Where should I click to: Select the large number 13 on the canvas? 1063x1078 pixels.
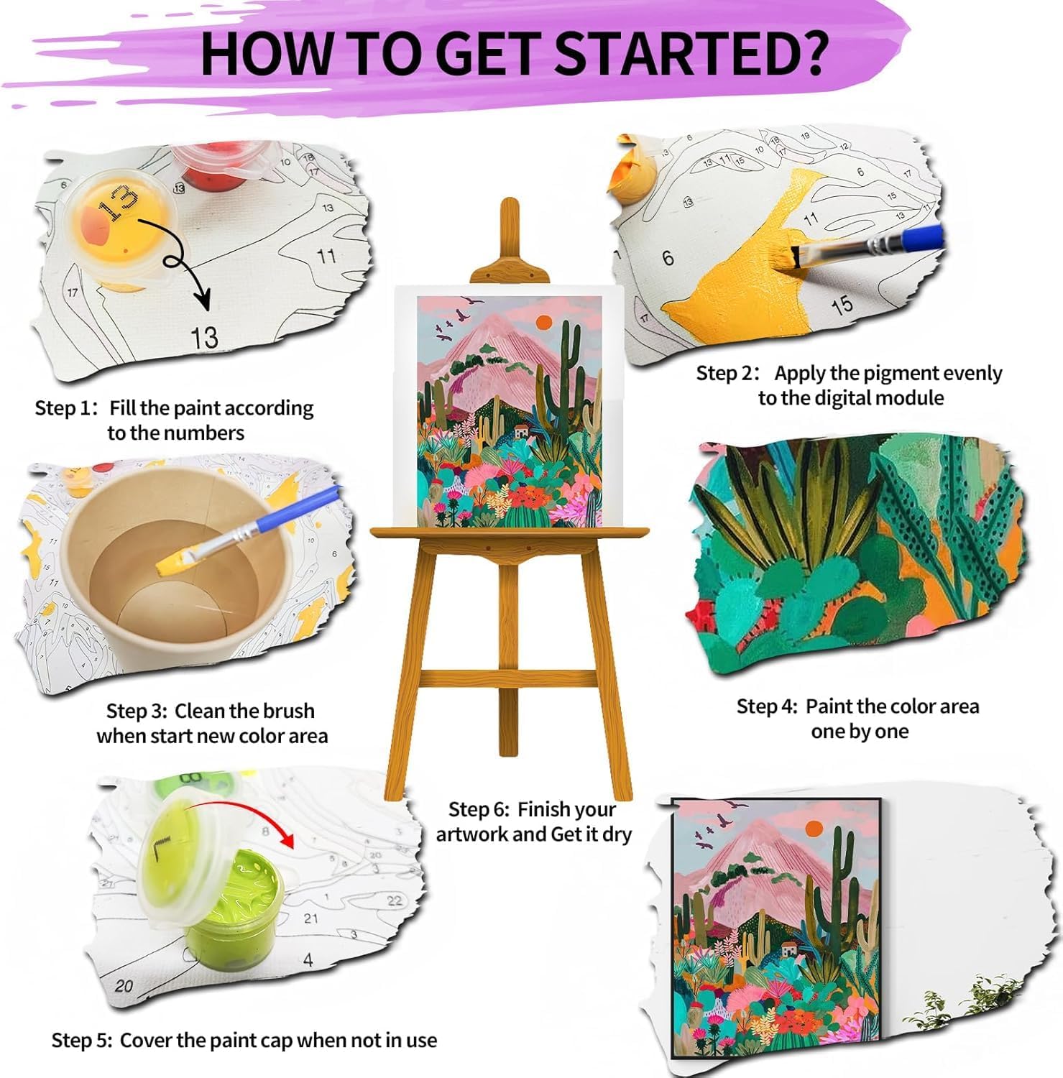[x=204, y=337]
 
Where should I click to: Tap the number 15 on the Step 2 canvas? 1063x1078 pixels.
[x=842, y=305]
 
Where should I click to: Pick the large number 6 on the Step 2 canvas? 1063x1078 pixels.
[x=668, y=257]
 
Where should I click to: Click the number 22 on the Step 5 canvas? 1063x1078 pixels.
[x=395, y=900]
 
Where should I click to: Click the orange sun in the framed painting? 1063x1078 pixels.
[x=814, y=829]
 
